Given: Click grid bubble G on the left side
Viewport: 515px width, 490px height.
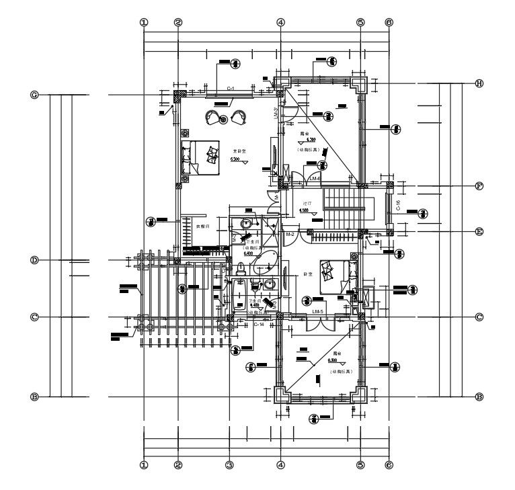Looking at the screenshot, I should click(x=34, y=95).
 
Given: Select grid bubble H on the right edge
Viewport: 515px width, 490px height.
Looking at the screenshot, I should click(x=479, y=83).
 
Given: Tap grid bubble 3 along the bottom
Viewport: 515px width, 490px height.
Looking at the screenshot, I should click(x=229, y=464).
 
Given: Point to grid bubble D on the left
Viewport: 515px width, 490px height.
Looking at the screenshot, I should click(x=34, y=260).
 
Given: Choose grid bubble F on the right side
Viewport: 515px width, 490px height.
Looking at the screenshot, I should click(x=479, y=186).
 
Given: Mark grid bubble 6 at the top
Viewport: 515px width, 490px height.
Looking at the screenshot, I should click(x=389, y=22).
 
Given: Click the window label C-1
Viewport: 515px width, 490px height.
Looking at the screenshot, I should click(x=230, y=89).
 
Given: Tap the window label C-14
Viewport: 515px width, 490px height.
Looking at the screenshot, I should click(x=259, y=324).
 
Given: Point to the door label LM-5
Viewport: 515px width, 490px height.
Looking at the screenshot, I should click(x=319, y=313).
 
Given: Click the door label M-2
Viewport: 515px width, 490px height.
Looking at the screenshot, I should click(x=291, y=235).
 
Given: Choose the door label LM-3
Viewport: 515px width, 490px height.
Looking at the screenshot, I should click(x=276, y=114).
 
